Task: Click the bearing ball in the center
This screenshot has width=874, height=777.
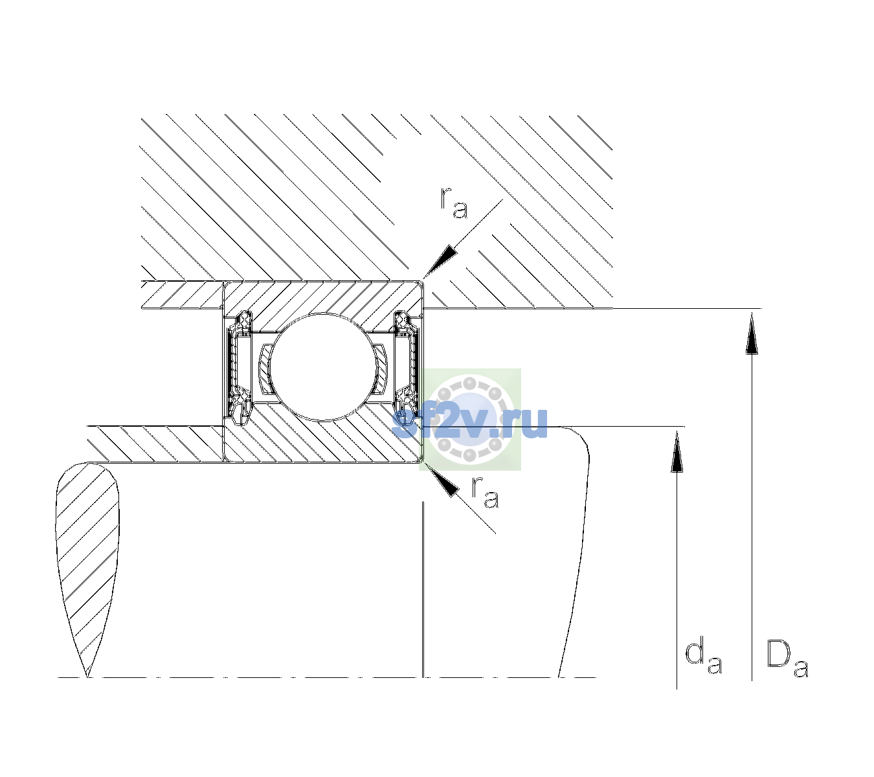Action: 322,366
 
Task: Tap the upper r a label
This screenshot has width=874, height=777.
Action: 453,203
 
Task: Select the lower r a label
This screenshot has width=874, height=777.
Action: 485,492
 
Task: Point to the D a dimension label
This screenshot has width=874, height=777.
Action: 787,659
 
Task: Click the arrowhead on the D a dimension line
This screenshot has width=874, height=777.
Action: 752,333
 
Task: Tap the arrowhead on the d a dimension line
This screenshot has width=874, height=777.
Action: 677,451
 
